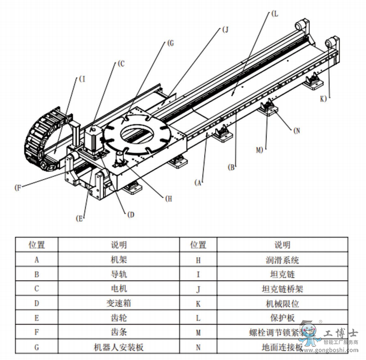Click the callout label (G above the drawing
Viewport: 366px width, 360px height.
pos(170,44)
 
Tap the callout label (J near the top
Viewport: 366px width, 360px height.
pos(225,30)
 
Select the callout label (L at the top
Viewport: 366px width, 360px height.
pos(274,14)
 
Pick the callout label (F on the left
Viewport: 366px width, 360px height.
pos(19,188)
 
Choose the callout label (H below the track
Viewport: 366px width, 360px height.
pos(168,198)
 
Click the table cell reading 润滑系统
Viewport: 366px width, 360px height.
pos(282,260)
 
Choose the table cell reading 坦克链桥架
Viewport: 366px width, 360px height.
pos(282,289)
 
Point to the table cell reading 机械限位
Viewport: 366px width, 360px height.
pos(282,303)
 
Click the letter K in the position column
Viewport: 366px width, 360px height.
pos(198,303)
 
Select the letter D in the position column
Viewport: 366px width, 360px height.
pos(37,303)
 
